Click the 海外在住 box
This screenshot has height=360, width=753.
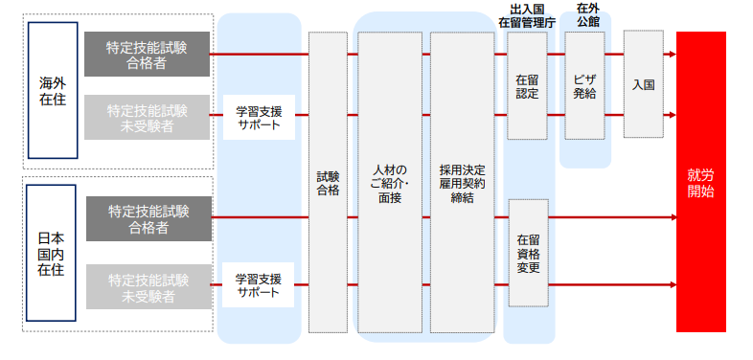click(x=53, y=89)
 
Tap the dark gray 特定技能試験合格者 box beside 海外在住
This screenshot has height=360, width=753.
click(x=147, y=55)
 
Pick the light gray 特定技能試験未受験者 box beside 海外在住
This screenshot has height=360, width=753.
click(x=147, y=116)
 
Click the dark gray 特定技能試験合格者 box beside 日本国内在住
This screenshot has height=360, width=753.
click(x=148, y=218)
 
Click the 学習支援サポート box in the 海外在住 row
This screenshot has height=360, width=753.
click(x=259, y=116)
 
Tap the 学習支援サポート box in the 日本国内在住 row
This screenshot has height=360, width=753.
click(x=259, y=285)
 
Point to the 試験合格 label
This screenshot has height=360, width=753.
click(x=328, y=183)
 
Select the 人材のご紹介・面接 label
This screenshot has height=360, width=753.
click(x=390, y=183)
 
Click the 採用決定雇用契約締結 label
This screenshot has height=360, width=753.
click(x=462, y=183)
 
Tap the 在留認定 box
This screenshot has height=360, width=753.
click(x=527, y=86)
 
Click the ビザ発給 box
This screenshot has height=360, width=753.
click(x=585, y=86)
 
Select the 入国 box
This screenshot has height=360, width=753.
click(x=644, y=84)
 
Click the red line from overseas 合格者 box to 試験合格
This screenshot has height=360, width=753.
click(x=259, y=55)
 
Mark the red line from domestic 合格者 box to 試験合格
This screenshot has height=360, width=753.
click(x=259, y=217)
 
